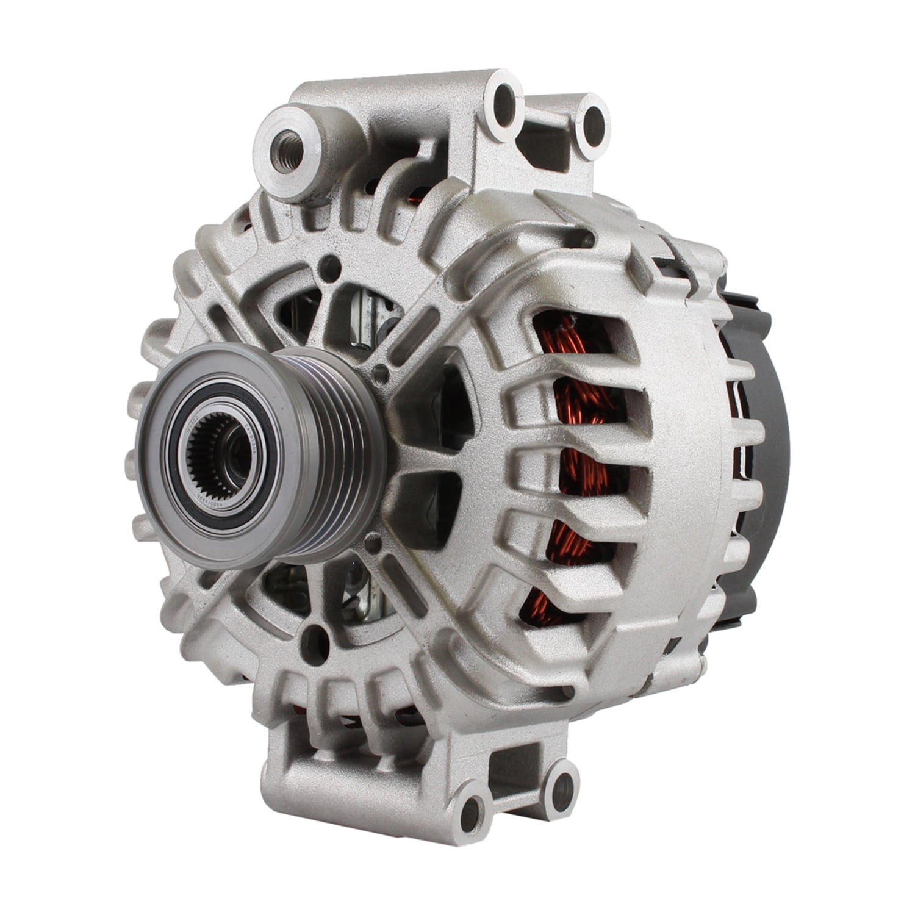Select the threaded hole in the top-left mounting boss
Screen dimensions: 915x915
coord(286,149)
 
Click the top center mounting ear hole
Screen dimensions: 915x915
coord(504,104)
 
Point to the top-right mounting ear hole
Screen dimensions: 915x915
coord(592,127)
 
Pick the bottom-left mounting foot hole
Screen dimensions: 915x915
coord(470,813)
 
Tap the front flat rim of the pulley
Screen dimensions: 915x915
coord(149,464)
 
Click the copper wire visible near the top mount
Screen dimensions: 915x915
coord(416,198)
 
